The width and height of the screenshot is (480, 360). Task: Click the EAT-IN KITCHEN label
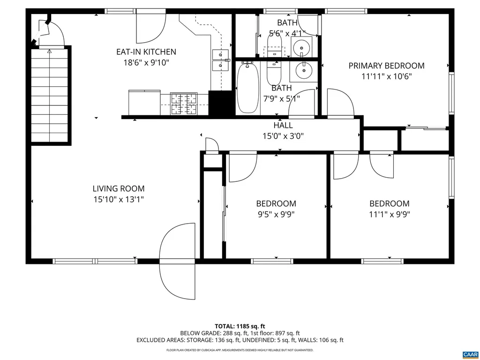point(146,52)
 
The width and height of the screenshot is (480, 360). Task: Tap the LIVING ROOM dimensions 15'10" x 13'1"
point(118,200)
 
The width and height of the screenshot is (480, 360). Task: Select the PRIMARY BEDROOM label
point(386,66)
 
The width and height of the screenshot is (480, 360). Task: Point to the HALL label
point(283,125)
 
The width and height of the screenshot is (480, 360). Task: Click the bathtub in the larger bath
point(248,89)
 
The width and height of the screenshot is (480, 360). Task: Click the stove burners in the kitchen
point(184,104)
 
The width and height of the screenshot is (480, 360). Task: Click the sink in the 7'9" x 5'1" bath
point(304,71)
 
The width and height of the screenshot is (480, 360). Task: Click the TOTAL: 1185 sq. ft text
point(240,326)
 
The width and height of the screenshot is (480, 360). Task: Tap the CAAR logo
point(470,354)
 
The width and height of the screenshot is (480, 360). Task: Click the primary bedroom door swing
point(340,103)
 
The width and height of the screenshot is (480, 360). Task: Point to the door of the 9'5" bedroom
point(242,167)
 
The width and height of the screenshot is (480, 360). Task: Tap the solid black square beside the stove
point(221,103)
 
